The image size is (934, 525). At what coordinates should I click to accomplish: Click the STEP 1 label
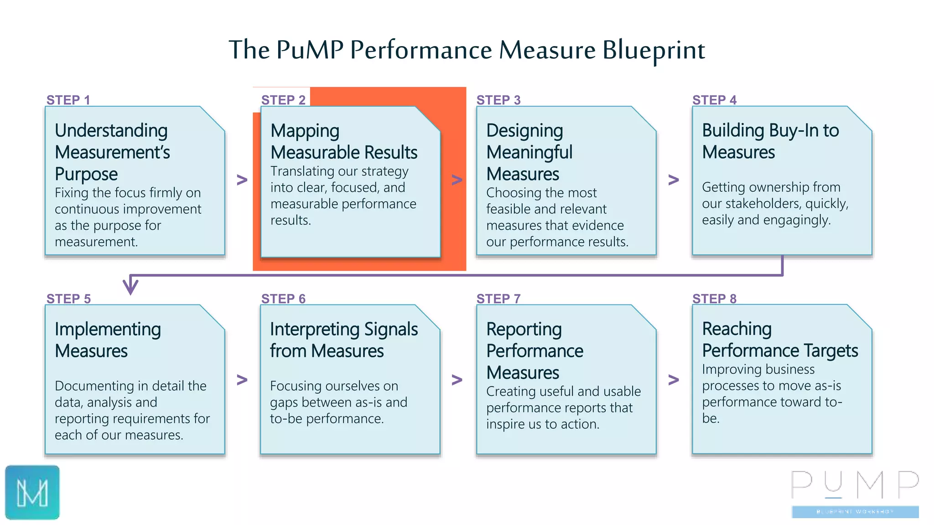pyautogui.click(x=68, y=100)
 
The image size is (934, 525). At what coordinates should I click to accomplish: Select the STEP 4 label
pyautogui.click(x=714, y=100)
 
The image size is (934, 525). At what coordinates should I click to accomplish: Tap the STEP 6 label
pyautogui.click(x=283, y=299)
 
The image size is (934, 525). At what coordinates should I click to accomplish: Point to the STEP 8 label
pyautogui.click(x=714, y=299)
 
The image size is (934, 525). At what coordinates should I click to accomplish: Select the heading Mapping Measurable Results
pyautogui.click(x=343, y=141)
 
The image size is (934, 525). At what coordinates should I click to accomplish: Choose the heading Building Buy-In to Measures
pyautogui.click(x=770, y=141)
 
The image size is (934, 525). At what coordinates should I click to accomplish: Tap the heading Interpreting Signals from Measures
pyautogui.click(x=343, y=340)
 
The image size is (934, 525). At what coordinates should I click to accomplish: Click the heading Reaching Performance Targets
pyautogui.click(x=779, y=340)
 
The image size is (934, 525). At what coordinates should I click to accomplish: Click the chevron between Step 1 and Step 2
pyautogui.click(x=242, y=180)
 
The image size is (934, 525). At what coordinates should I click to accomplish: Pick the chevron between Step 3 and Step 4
pyautogui.click(x=674, y=180)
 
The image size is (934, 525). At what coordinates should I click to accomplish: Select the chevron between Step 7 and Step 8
pyautogui.click(x=674, y=379)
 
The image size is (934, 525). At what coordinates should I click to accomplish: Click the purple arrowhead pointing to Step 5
pyautogui.click(x=130, y=287)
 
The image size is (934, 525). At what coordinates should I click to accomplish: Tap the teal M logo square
pyautogui.click(x=32, y=492)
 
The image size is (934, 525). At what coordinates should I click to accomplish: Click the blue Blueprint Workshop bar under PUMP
pyautogui.click(x=855, y=512)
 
